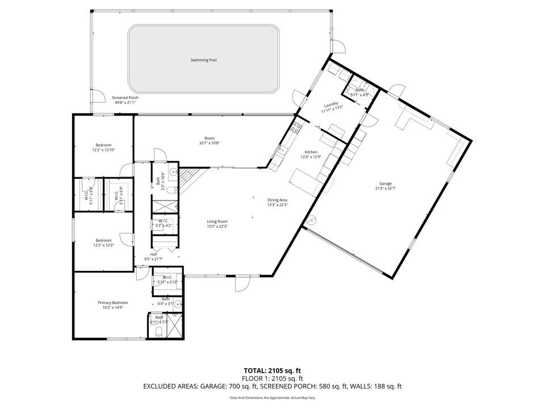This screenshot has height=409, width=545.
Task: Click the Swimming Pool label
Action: [204, 60]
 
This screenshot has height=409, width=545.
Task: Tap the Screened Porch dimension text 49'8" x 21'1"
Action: [125, 103]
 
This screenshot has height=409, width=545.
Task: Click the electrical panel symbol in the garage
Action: [312, 220]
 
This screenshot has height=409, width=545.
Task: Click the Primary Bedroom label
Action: [111, 303]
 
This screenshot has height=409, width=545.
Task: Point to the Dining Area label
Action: [278, 200]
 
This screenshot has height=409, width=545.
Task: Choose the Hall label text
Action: [153, 254]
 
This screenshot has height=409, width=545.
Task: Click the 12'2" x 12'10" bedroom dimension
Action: [103, 150]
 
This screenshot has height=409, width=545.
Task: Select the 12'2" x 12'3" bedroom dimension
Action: [103, 245]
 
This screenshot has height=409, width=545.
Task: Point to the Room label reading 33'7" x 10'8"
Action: [209, 143]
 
